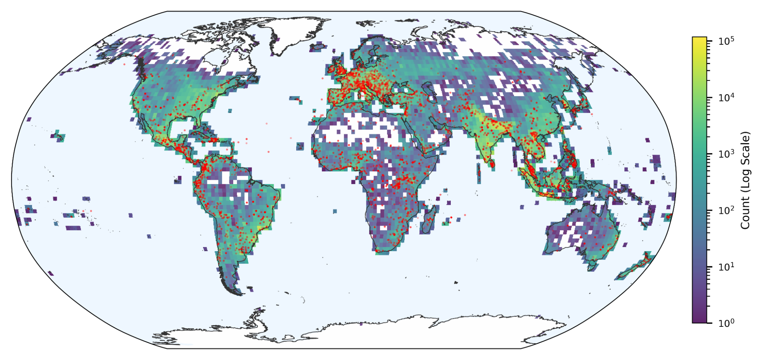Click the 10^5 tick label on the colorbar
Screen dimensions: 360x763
pos(726,41)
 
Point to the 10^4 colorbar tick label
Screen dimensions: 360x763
pos(726,98)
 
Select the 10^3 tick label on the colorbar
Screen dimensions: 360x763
pos(726,154)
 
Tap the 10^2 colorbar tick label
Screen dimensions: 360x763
pos(726,211)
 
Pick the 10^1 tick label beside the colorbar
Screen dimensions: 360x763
pos(726,267)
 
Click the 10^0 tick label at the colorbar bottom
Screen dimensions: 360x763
pos(726,323)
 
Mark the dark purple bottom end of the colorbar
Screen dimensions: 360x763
pos(699,321)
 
